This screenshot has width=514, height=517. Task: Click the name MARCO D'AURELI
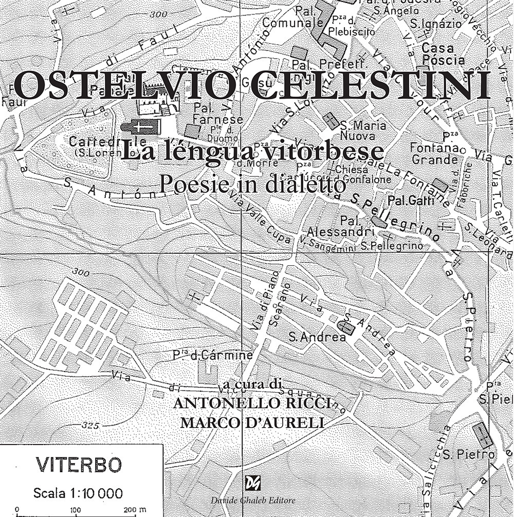pyautogui.click(x=255, y=422)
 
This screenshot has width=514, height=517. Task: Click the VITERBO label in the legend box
pyautogui.click(x=79, y=466)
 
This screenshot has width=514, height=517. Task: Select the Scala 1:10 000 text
pyautogui.click(x=78, y=493)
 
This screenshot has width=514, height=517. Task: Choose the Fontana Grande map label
pyautogui.click(x=434, y=153)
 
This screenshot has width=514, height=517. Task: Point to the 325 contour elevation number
pyautogui.click(x=89, y=425)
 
